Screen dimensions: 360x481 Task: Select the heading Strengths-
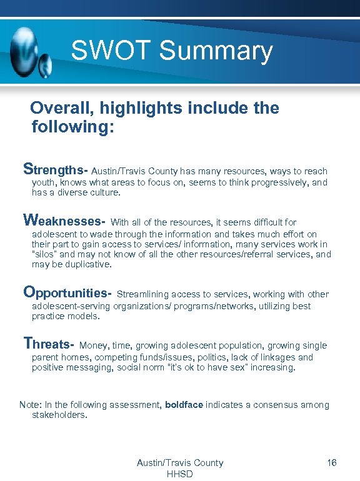[x=55, y=169]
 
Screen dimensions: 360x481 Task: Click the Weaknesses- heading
[x=64, y=221]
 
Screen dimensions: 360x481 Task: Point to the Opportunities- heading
[x=67, y=292]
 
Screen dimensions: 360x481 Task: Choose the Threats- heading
[x=49, y=344]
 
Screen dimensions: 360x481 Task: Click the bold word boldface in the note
[x=184, y=405]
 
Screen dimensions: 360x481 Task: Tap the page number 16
[x=332, y=463]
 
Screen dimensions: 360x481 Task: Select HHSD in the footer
[x=179, y=474]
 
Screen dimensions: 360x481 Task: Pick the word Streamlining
[x=142, y=294]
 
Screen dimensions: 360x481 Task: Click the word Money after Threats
[x=94, y=345]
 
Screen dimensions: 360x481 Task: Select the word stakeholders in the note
[x=59, y=415]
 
